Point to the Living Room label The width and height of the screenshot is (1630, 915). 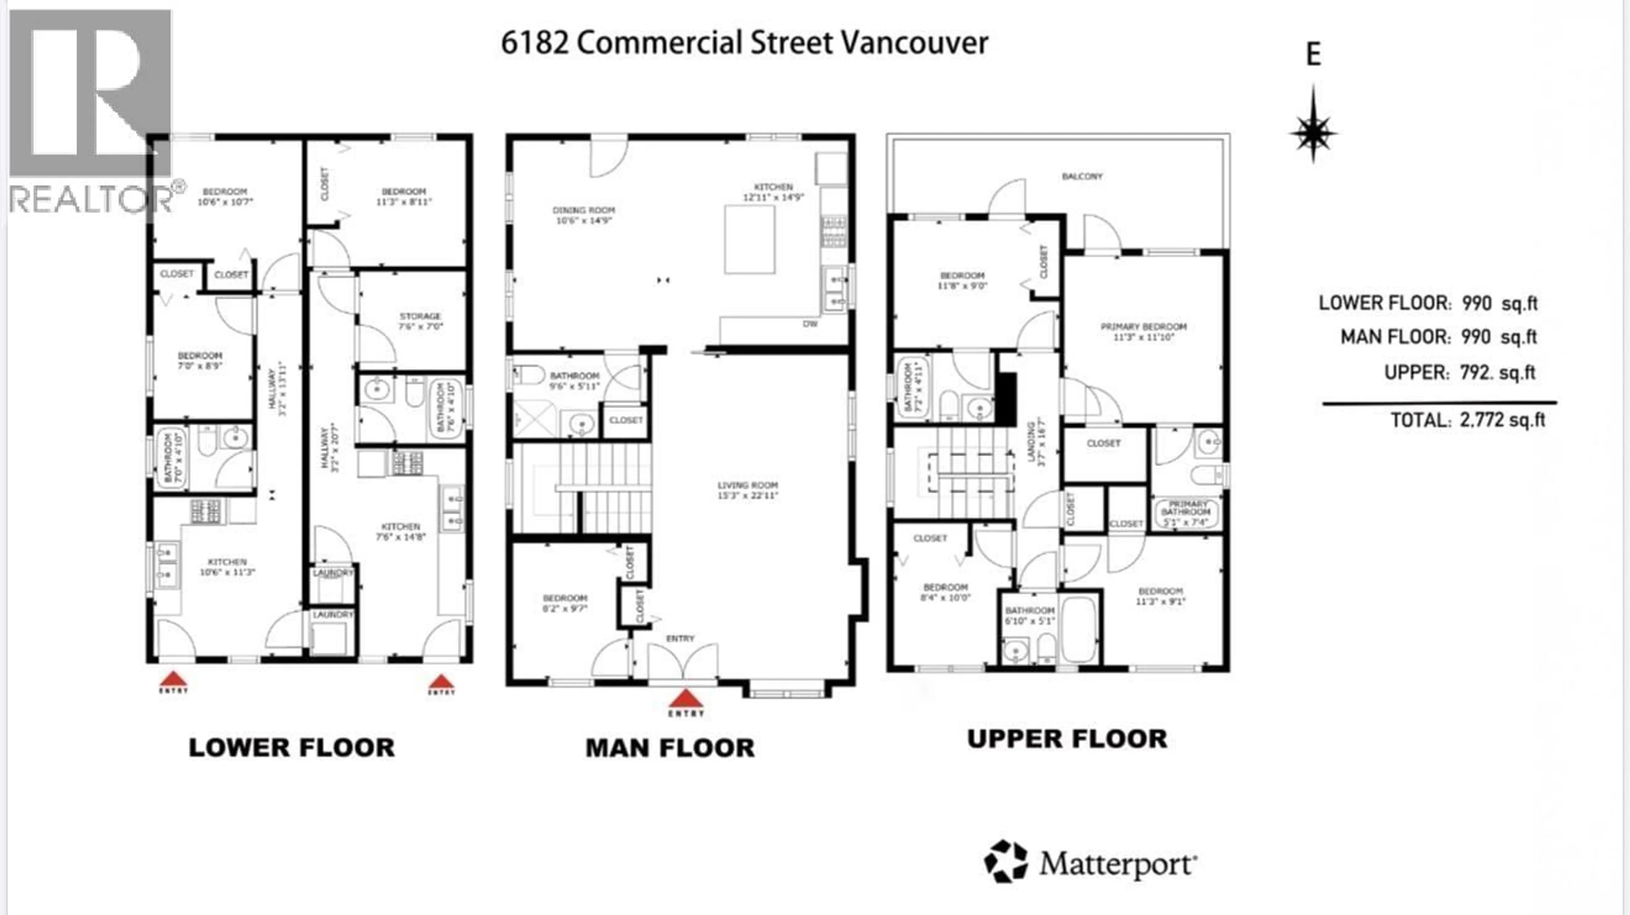click(x=747, y=490)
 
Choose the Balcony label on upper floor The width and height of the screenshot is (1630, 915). click(x=1082, y=176)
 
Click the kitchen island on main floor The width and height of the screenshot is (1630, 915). click(x=750, y=240)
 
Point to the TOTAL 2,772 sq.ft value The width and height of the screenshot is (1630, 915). click(x=1501, y=420)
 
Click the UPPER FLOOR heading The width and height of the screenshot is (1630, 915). click(x=1067, y=739)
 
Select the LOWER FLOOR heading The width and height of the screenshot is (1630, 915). click(x=292, y=747)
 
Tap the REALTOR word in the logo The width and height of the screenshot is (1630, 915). click(x=90, y=200)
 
